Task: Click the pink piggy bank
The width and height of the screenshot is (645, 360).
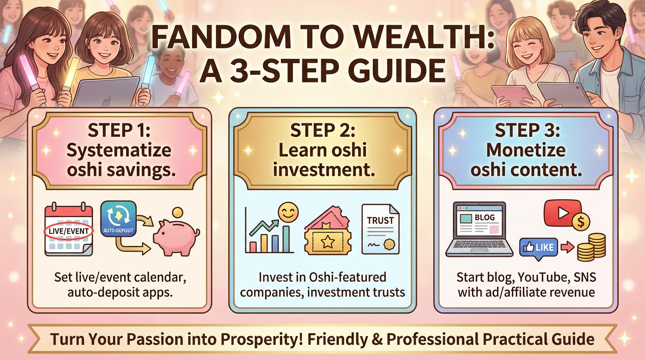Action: click(176, 238)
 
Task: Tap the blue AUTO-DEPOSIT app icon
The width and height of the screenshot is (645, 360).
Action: click(118, 218)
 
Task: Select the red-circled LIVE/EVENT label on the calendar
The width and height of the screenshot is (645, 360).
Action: click(68, 231)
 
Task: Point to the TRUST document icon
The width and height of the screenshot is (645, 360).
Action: click(380, 229)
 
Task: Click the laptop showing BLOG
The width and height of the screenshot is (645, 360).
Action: click(479, 229)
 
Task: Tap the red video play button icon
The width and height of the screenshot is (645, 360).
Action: click(562, 213)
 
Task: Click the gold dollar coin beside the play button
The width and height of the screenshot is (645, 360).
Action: click(581, 222)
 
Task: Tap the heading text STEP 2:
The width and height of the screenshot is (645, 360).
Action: click(323, 130)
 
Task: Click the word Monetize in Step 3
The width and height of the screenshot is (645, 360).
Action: click(526, 150)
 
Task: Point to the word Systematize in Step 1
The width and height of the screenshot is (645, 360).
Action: click(119, 151)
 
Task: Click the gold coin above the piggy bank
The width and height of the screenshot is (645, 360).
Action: click(179, 213)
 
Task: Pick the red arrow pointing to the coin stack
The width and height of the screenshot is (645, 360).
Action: click(567, 247)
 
